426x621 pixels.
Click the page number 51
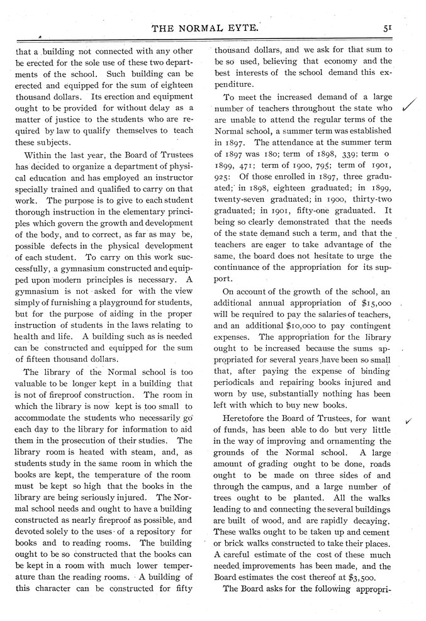406,27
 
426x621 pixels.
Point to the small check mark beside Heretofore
410,422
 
